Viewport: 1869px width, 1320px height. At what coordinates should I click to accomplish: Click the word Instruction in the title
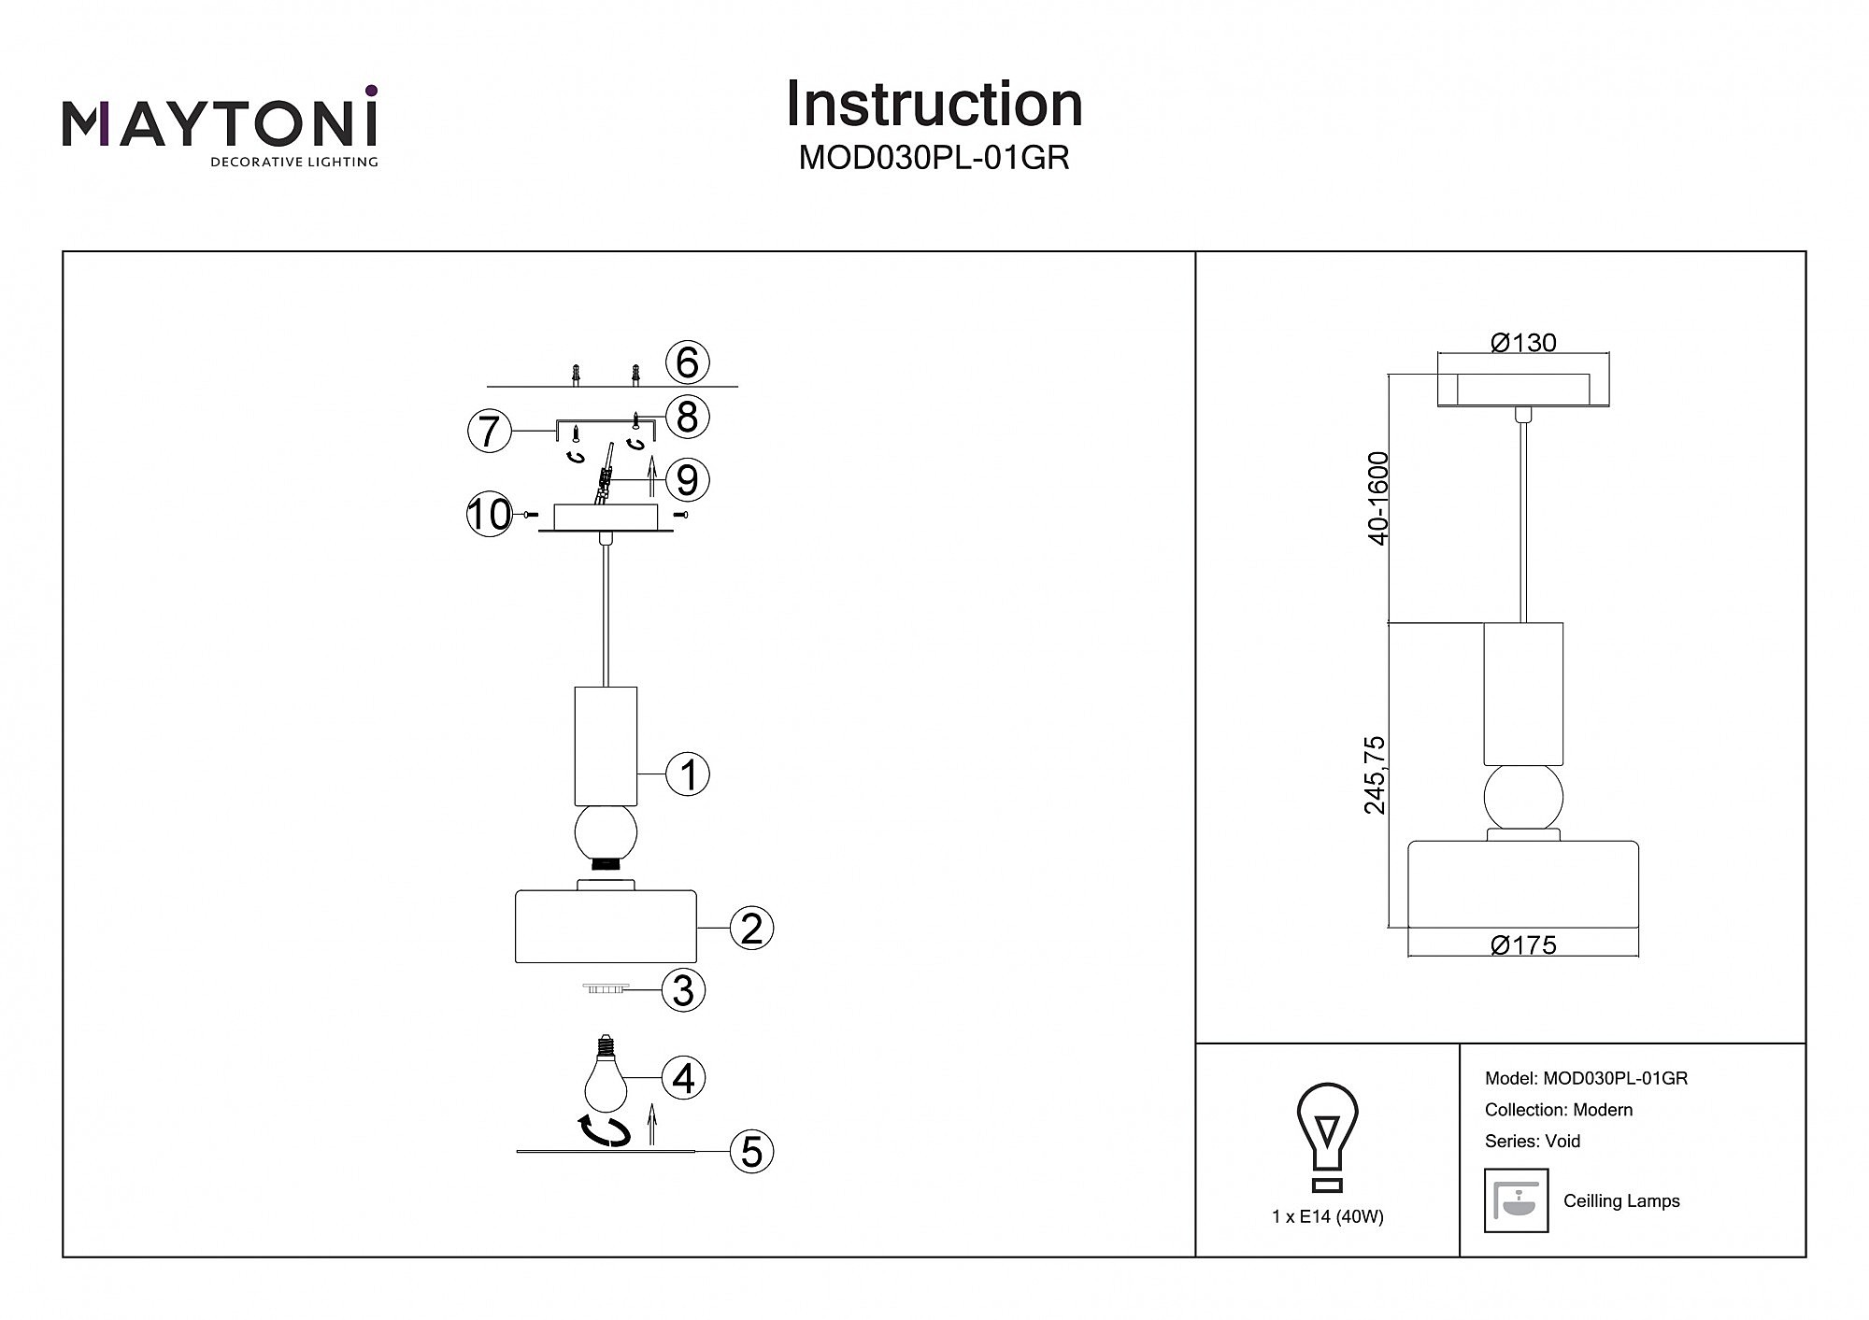(934, 104)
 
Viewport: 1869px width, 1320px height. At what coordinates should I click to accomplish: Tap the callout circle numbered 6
(688, 362)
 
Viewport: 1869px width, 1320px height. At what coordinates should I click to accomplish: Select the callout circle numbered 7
(490, 431)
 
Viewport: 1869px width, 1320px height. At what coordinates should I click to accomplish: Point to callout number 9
(688, 480)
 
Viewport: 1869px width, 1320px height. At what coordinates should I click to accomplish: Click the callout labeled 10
(490, 515)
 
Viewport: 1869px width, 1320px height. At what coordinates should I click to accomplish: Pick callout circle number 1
(688, 775)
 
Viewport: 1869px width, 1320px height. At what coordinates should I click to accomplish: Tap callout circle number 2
(751, 929)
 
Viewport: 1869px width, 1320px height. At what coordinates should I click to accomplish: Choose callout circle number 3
(683, 990)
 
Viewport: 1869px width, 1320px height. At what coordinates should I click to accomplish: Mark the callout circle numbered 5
(751, 1152)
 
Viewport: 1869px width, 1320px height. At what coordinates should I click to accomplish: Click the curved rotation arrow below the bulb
(604, 1130)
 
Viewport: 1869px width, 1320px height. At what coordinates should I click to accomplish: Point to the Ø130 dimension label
(1523, 343)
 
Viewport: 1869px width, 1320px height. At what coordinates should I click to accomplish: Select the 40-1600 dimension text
(1377, 497)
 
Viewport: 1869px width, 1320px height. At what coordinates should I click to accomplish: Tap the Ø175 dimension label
(1523, 945)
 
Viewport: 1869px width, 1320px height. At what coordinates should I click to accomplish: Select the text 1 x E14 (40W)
(1327, 1216)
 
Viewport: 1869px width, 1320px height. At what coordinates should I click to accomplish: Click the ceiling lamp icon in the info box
(1516, 1200)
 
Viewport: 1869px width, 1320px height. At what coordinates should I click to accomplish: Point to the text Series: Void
(1533, 1141)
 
